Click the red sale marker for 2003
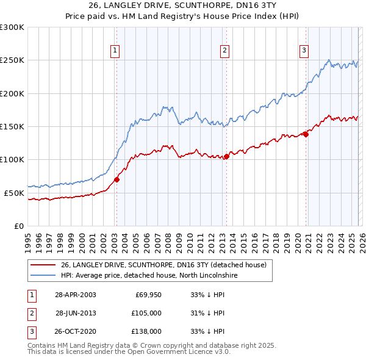pyautogui.click(x=117, y=179)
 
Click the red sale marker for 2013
pyautogui.click(x=226, y=156)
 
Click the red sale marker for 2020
pyautogui.click(x=306, y=135)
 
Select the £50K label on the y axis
pyautogui.click(x=14, y=193)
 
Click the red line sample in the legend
pyautogui.click(x=43, y=265)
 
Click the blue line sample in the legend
pyautogui.click(x=43, y=275)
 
